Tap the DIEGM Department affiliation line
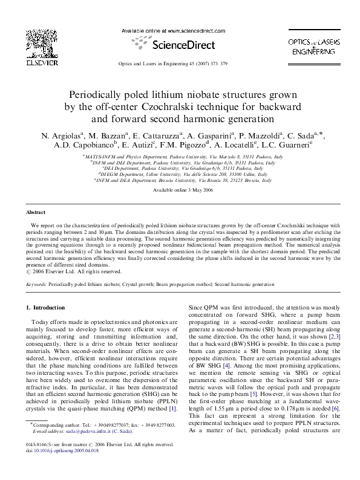(x=179, y=174)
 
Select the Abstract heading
(x=35, y=213)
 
